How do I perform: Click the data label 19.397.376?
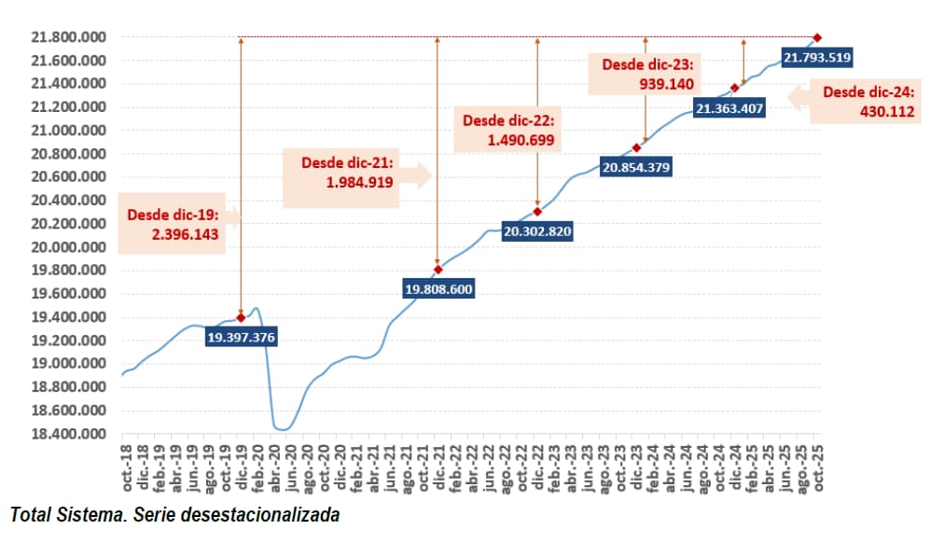[x=242, y=337]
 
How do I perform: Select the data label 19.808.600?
[x=438, y=289]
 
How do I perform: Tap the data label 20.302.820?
[x=537, y=231]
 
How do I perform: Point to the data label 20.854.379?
[x=636, y=168]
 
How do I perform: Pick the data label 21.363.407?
[x=730, y=108]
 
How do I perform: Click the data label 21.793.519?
[x=816, y=58]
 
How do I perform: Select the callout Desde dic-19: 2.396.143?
[x=176, y=225]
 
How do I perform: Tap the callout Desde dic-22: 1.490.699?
[x=508, y=131]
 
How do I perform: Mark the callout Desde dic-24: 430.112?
[x=863, y=103]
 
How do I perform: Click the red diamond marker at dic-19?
[x=242, y=317]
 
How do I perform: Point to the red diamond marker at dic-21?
[x=438, y=270]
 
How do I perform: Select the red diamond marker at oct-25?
[x=817, y=37]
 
